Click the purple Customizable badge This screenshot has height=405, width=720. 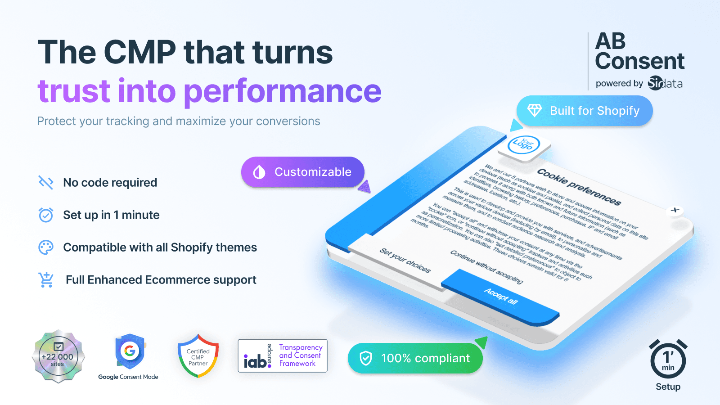tap(303, 172)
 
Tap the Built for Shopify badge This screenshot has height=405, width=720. tap(585, 111)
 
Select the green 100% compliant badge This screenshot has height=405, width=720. tap(415, 358)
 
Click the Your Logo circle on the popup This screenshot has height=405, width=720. tap(523, 144)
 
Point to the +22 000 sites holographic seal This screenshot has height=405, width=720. tap(58, 357)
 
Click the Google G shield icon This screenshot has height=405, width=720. tap(130, 351)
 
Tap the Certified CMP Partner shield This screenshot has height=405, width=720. tap(198, 356)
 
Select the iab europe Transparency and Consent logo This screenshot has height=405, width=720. tap(283, 356)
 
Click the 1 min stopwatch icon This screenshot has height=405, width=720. tap(668, 360)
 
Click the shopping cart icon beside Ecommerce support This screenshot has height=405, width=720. tap(46, 279)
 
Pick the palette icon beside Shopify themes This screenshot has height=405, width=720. tap(46, 247)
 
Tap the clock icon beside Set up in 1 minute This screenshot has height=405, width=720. tap(46, 215)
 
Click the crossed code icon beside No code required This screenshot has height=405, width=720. tap(46, 182)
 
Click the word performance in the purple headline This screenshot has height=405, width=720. tap(283, 91)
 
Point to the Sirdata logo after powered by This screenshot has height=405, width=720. tap(665, 83)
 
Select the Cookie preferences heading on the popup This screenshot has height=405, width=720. tap(579, 186)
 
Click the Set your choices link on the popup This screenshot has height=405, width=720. tap(405, 261)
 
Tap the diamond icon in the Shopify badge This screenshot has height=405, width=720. tap(535, 111)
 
